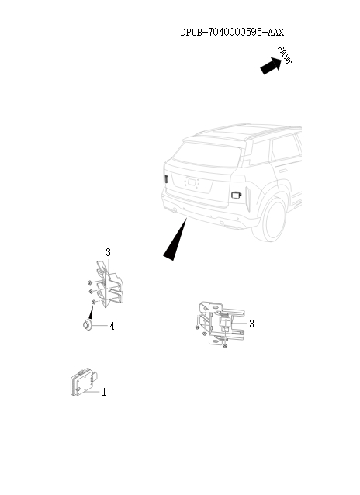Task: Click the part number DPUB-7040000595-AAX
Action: pyautogui.click(x=232, y=33)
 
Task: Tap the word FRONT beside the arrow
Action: pyautogui.click(x=285, y=55)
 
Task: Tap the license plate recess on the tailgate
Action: pyautogui.click(x=191, y=184)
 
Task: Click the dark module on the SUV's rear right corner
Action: pyautogui.click(x=236, y=194)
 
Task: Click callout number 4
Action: pyautogui.click(x=112, y=327)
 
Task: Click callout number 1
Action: pyautogui.click(x=104, y=393)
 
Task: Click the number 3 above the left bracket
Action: pyautogui.click(x=108, y=253)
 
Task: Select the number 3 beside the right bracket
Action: pyautogui.click(x=251, y=324)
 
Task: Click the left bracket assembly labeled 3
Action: pyautogui.click(x=107, y=287)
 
